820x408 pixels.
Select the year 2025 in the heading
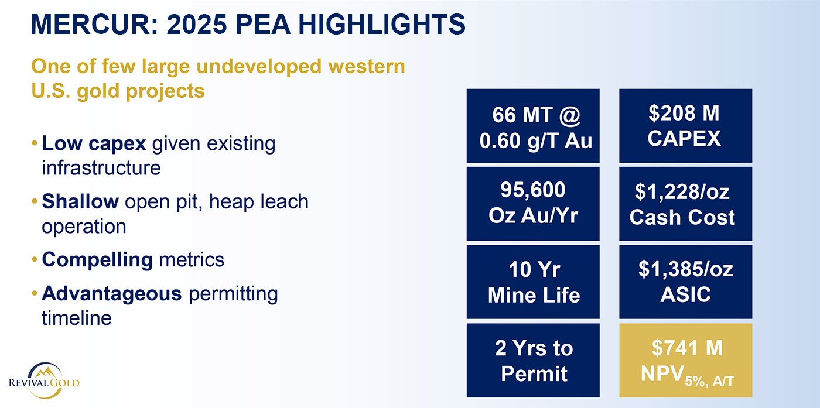click(197, 24)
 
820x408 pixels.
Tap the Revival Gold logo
click(45, 380)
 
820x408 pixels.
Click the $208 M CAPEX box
click(686, 125)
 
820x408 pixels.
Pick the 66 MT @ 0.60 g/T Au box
click(533, 125)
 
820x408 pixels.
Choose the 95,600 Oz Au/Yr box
click(533, 204)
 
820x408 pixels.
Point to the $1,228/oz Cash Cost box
click(686, 204)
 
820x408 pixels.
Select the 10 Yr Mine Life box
click(533, 282)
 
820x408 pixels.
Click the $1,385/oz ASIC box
click(686, 282)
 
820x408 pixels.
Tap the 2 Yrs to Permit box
click(533, 360)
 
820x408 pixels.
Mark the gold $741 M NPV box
click(686, 360)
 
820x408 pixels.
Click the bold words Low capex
click(94, 144)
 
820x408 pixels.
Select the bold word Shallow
click(80, 201)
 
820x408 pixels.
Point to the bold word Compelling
click(97, 260)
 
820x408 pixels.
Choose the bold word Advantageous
click(112, 294)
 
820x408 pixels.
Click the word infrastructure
click(101, 168)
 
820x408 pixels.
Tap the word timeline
click(77, 318)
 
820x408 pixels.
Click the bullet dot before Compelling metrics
click(35, 260)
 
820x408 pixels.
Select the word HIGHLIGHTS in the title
click(382, 24)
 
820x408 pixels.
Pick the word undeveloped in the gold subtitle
click(259, 67)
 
